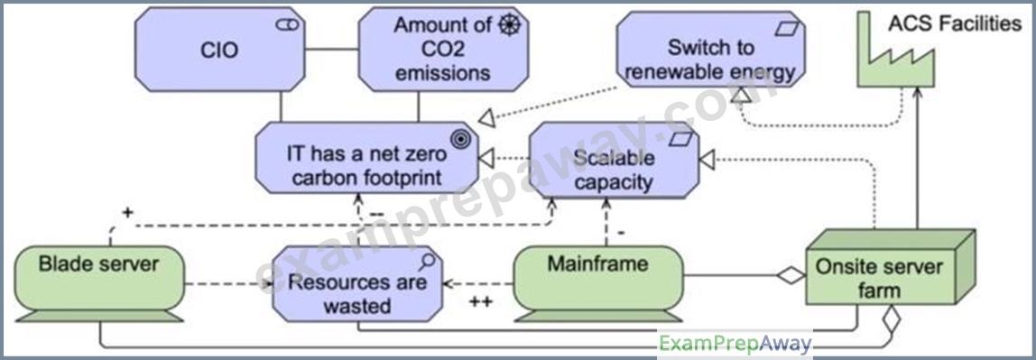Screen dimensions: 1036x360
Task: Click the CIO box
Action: coord(220,50)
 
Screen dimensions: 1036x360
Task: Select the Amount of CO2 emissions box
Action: coord(443,50)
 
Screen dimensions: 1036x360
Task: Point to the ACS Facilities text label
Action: coord(955,24)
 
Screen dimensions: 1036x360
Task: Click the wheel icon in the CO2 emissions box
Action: coord(510,25)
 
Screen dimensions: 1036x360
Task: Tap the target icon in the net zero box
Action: coord(460,139)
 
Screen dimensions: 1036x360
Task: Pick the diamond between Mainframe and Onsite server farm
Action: coord(791,275)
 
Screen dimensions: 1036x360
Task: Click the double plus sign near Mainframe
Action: coord(480,302)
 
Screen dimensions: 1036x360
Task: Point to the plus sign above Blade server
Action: coord(127,213)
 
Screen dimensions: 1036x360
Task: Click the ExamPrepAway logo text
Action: coord(735,344)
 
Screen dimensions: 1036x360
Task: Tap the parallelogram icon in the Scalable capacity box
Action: coord(682,139)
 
